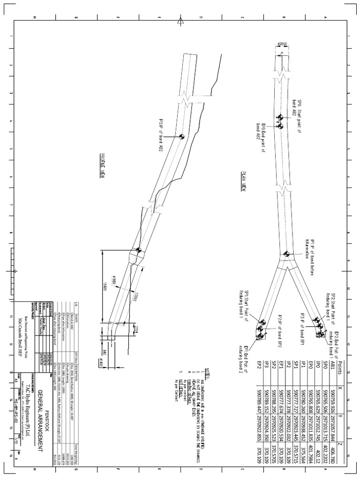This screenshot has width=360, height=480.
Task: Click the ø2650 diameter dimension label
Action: click(x=283, y=45)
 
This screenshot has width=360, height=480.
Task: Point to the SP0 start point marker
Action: click(x=280, y=117)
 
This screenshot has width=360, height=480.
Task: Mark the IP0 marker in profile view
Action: click(x=181, y=136)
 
